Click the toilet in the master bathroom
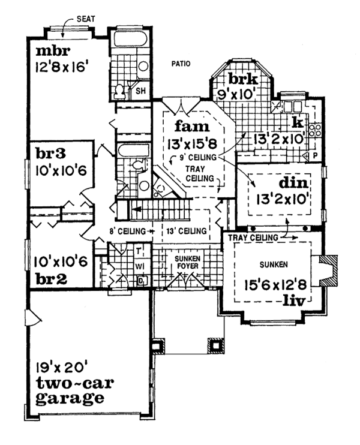coord(119,91)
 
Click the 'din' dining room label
coord(293,182)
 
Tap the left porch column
coord(158,346)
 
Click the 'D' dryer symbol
coord(141,280)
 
